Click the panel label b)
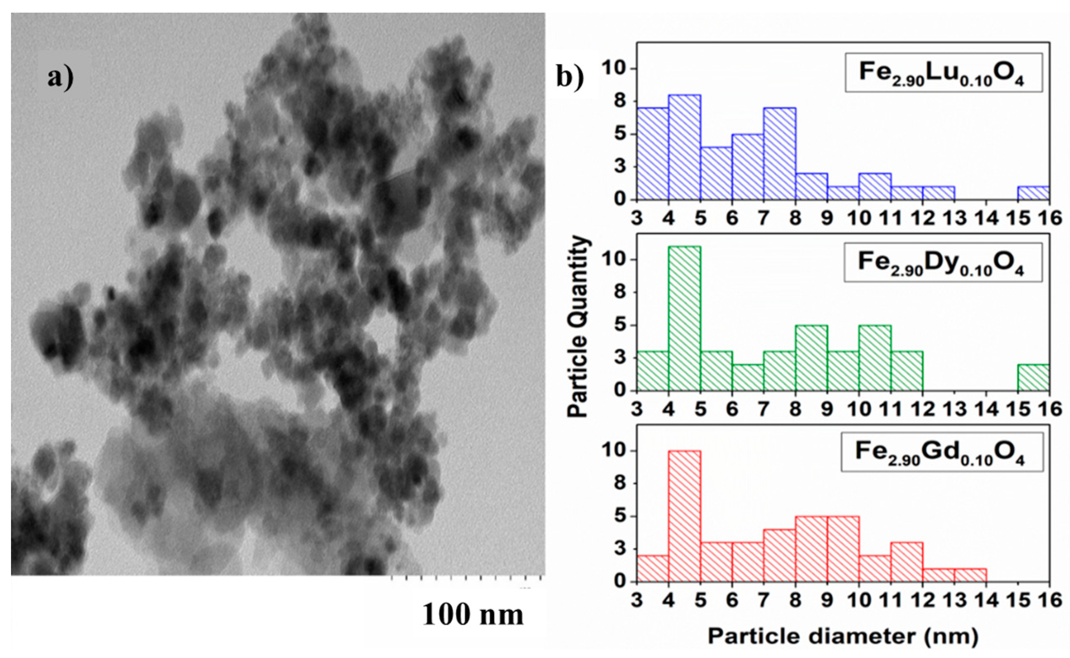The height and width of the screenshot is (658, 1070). tap(570, 77)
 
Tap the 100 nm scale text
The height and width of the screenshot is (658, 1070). tap(473, 614)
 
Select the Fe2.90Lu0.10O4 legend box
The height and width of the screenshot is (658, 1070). tap(943, 73)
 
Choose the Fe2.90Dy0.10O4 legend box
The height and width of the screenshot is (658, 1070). tap(942, 263)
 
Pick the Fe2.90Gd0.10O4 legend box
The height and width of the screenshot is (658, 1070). tap(942, 452)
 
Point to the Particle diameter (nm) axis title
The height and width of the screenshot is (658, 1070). tap(843, 636)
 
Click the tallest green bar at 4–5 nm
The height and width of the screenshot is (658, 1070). tap(684, 318)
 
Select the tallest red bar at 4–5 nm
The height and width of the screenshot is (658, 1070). tap(684, 516)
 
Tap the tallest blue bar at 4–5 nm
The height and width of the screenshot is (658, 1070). tap(684, 147)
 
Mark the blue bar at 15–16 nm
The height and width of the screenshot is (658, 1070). tap(1033, 193)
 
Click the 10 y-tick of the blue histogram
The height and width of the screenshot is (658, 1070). tap(615, 69)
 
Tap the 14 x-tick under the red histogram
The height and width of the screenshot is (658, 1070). tap(986, 601)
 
